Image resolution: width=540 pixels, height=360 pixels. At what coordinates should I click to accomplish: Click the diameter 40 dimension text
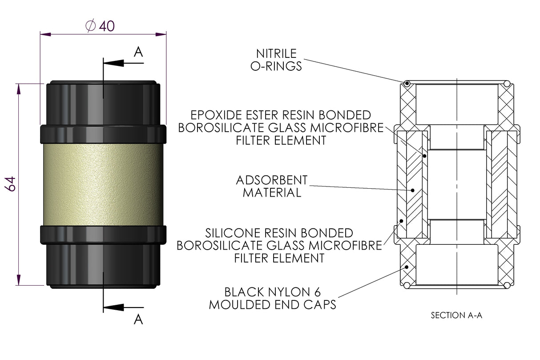coord(100,26)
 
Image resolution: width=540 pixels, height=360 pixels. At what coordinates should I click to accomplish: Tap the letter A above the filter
coord(138,53)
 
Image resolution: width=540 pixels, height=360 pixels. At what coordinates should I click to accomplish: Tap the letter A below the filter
coord(138,319)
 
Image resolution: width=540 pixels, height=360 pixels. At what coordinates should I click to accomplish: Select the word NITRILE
coord(276,54)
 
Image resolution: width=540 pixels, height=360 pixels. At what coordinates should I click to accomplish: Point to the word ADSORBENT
coord(272,180)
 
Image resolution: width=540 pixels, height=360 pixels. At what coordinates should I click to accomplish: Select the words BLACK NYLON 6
coord(272,292)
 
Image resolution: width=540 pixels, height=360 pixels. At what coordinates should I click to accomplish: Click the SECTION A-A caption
coord(456,316)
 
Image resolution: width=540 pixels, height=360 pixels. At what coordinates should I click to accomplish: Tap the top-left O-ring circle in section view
coord(407,83)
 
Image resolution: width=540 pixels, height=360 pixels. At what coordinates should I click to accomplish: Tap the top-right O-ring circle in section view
coord(507,83)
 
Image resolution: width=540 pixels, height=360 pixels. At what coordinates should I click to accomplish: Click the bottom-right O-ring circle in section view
coord(507,285)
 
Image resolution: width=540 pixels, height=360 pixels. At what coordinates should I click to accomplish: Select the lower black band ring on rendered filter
coord(103,234)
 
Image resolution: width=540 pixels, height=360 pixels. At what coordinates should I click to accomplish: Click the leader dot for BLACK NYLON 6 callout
coord(407,267)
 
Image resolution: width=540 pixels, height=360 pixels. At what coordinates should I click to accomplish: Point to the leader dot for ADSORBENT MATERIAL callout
coord(413,190)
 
